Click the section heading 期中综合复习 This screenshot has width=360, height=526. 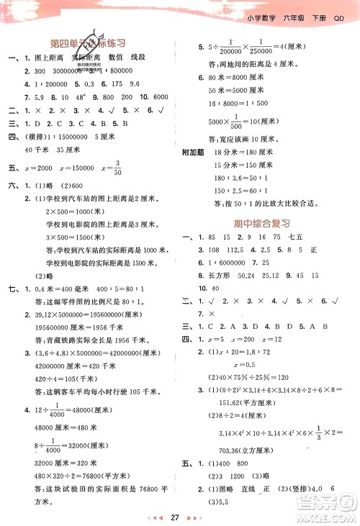click(x=264, y=224)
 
